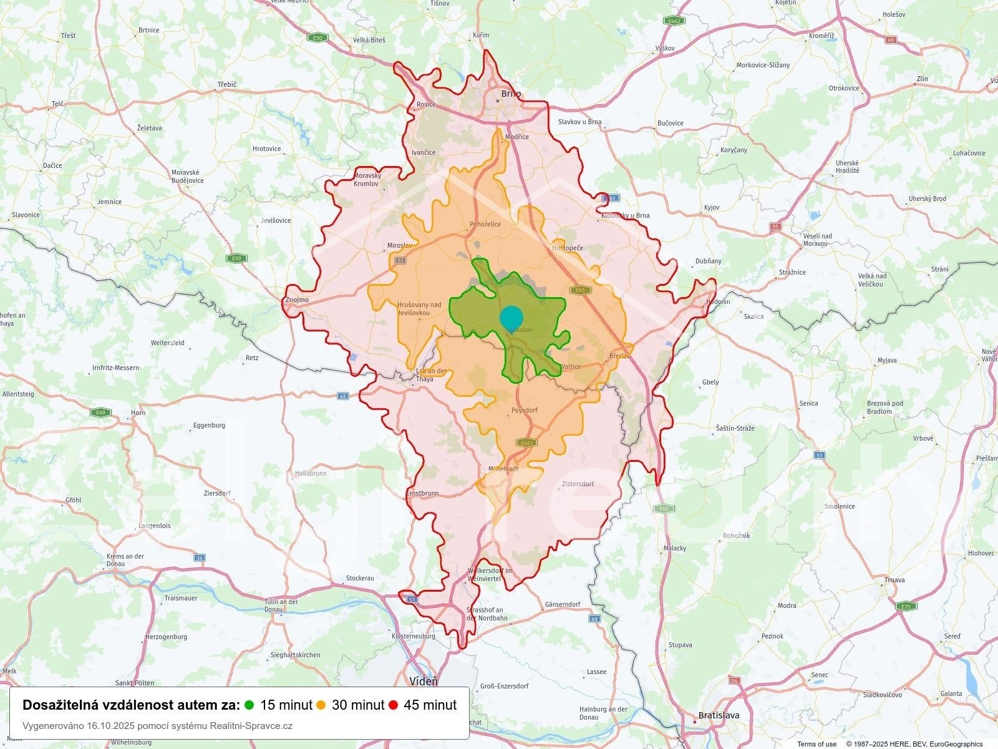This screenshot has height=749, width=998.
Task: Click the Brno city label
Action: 511,95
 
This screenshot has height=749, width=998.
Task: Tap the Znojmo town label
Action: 297,300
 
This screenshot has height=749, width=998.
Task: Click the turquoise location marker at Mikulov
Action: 511,318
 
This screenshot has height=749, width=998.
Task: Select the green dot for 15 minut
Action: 249,705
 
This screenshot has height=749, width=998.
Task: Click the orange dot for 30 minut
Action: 321,705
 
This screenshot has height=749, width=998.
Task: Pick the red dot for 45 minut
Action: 393,705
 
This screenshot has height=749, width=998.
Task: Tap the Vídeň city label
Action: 424,681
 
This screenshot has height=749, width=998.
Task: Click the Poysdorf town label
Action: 524,411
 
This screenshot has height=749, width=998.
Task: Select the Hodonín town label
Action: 717,301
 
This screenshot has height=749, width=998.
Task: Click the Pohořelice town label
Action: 485,224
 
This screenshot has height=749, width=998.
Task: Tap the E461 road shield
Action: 526,443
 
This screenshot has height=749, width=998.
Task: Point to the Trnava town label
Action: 894,580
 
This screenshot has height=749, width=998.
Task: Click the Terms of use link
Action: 816,744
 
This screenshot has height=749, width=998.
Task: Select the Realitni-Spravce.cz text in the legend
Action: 251,726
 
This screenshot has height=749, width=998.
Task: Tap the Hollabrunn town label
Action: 311,473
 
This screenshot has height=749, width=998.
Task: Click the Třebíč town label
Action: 227,84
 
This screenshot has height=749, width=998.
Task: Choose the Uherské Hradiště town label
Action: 848,167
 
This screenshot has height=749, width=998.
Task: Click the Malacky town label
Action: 675,548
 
